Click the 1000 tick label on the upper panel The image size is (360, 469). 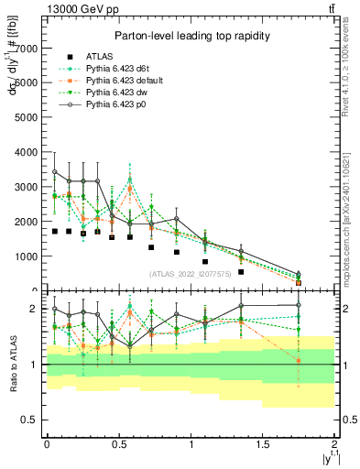[x=28, y=256]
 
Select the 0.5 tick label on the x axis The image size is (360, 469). [x=118, y=444]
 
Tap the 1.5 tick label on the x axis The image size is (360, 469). [x=263, y=444]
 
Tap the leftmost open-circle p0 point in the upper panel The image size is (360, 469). [x=55, y=172]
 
